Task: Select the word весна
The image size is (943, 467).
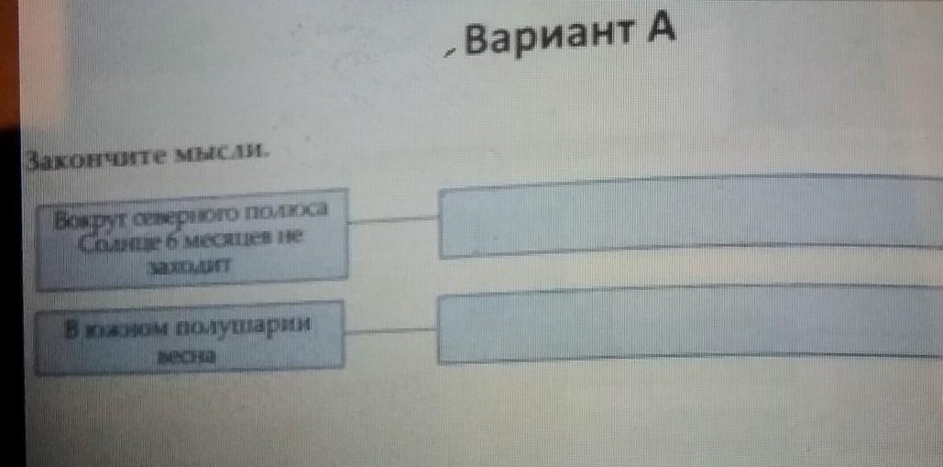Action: click(x=185, y=356)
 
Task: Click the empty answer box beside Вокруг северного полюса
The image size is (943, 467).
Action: click(x=687, y=217)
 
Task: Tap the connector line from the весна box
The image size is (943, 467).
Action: click(x=391, y=328)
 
